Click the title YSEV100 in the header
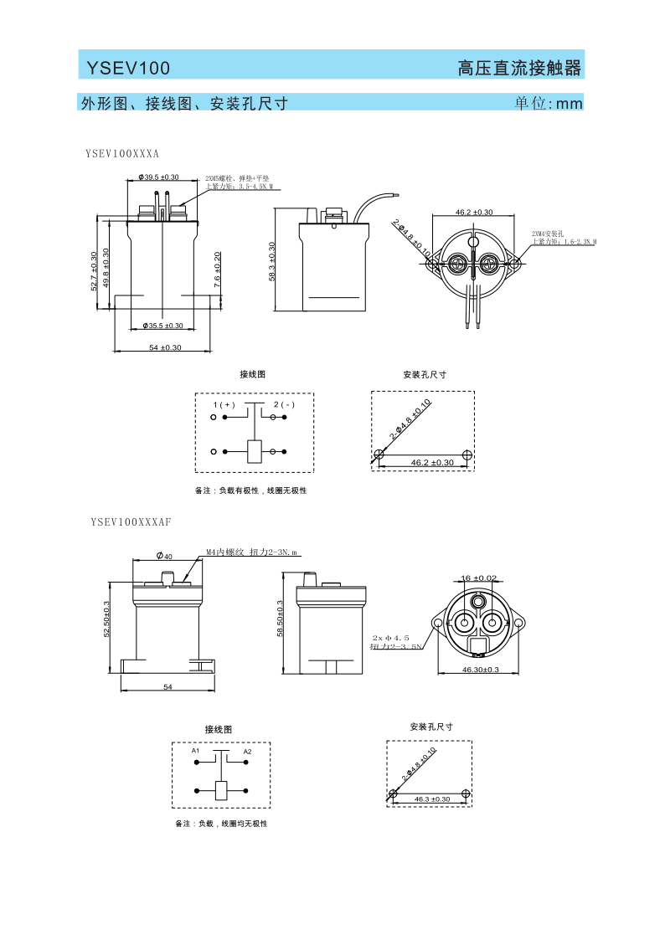point(128,68)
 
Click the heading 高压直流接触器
point(519,68)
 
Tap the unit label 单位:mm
point(548,104)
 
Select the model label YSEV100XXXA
point(122,154)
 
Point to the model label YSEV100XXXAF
point(131,521)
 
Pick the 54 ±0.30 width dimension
point(165,347)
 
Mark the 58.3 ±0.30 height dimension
point(272,261)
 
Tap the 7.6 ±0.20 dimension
point(218,270)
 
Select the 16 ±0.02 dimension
point(479,578)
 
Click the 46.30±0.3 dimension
point(481,670)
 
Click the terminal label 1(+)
point(224,405)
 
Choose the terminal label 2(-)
point(284,405)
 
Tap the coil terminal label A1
point(195,751)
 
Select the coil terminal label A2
point(247,752)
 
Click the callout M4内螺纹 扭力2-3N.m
point(251,552)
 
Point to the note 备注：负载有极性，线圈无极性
point(250,491)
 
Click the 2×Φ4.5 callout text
point(391,638)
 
